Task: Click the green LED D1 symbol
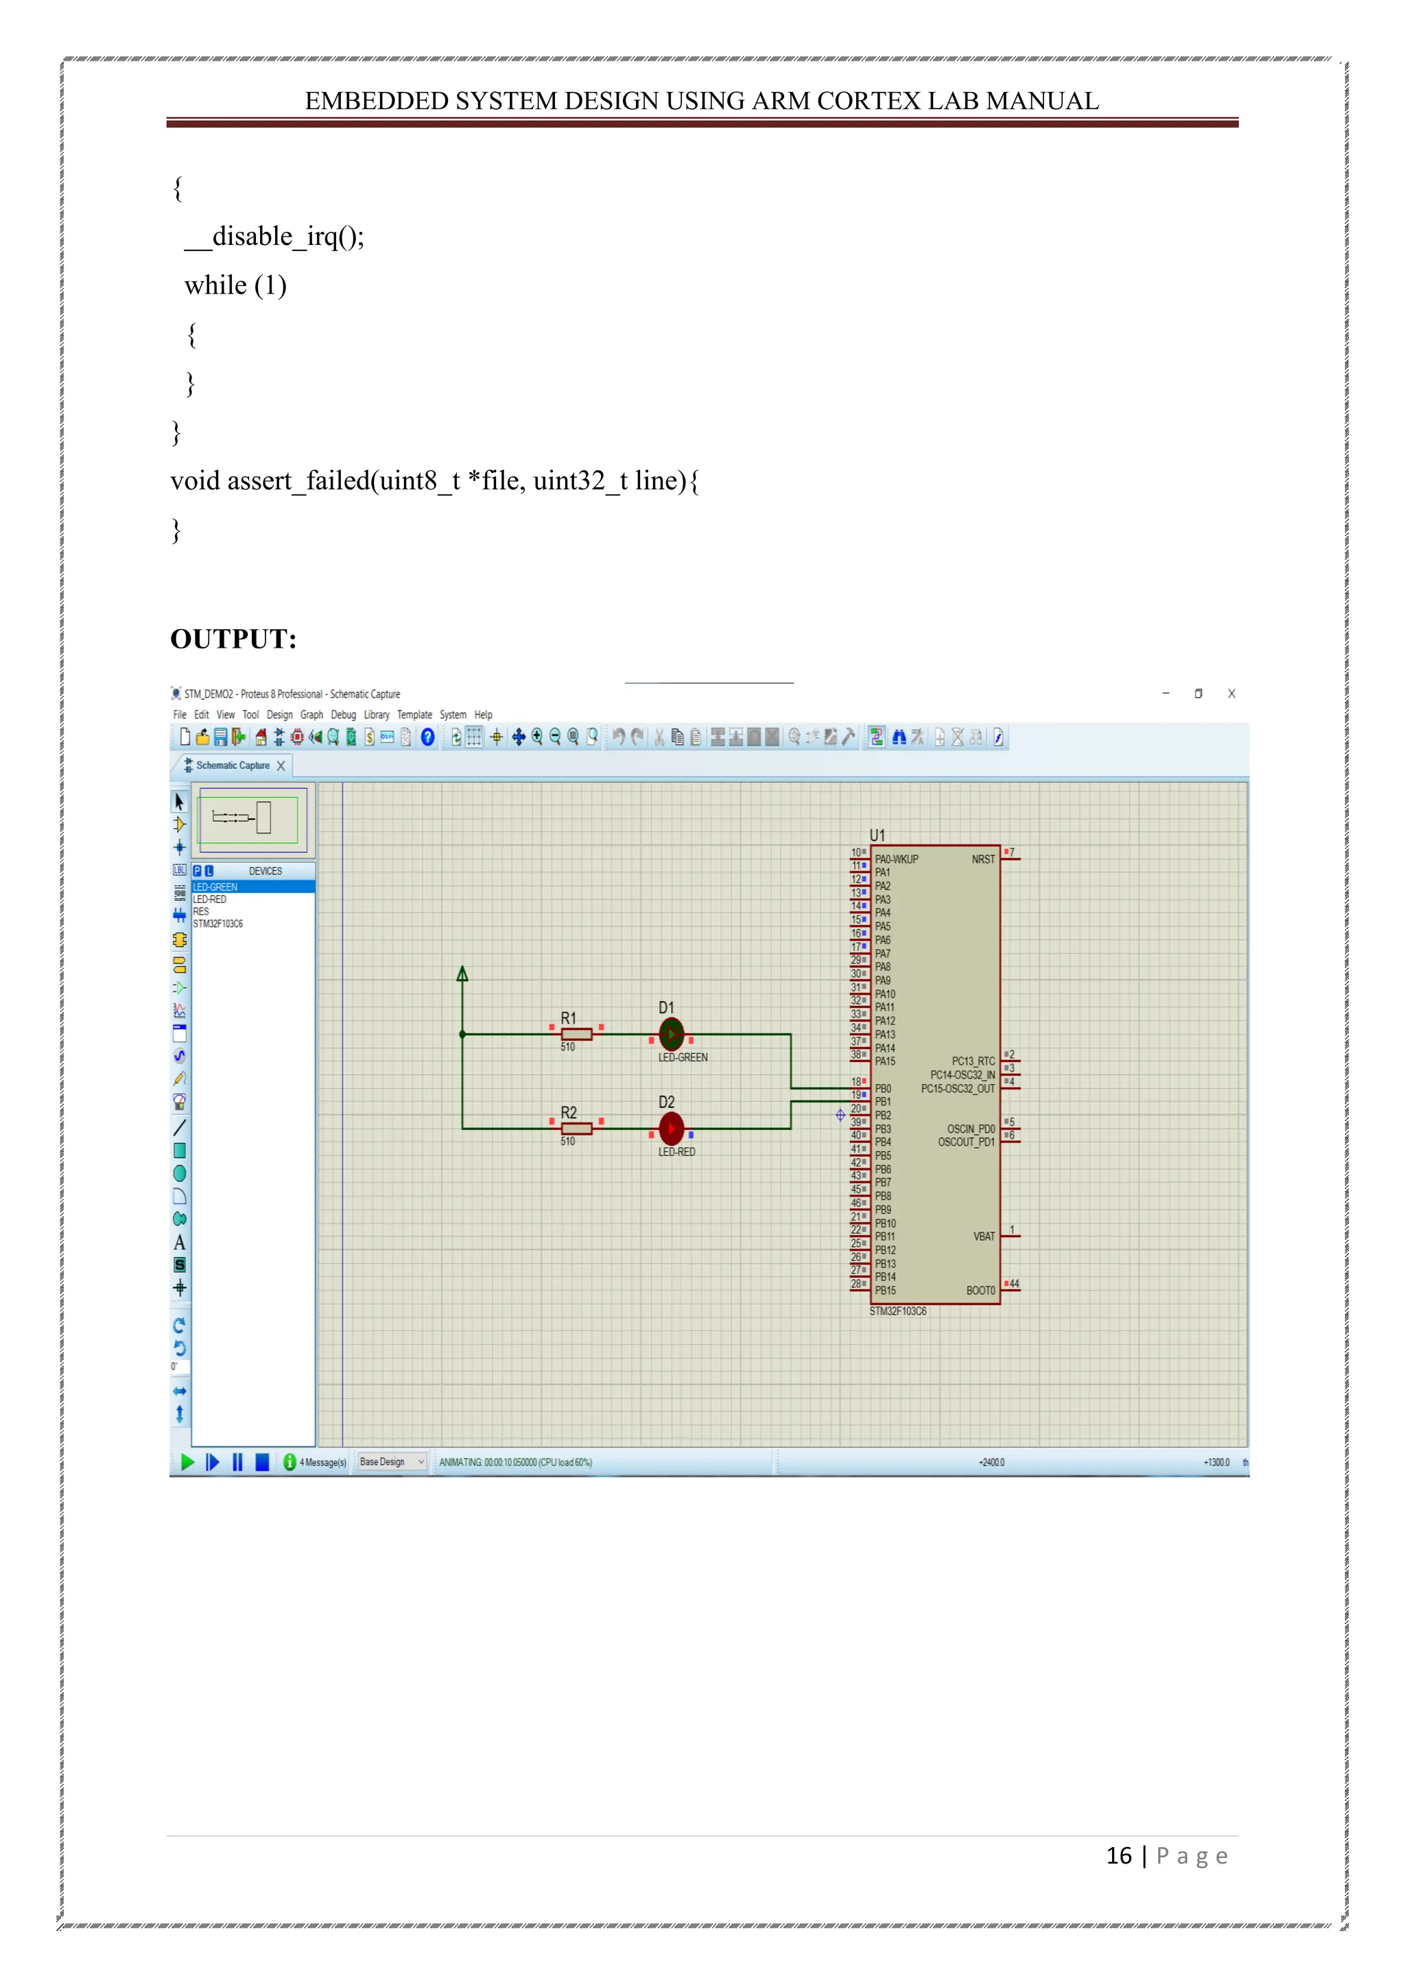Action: pyautogui.click(x=672, y=1033)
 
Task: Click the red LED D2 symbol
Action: pyautogui.click(x=672, y=1128)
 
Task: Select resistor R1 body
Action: pyautogui.click(x=576, y=1033)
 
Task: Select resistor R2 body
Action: pyautogui.click(x=576, y=1128)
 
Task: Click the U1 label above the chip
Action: pyautogui.click(x=877, y=835)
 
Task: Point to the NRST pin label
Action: pyautogui.click(x=983, y=859)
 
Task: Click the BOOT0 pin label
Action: pyautogui.click(x=980, y=1291)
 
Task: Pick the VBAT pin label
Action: pyautogui.click(x=984, y=1236)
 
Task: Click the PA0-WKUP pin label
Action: pyautogui.click(x=896, y=859)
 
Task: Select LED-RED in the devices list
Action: pyautogui.click(x=209, y=900)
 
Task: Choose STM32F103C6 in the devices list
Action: pyautogui.click(x=218, y=924)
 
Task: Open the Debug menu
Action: pyautogui.click(x=344, y=715)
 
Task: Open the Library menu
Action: pyautogui.click(x=377, y=715)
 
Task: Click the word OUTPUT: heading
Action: pyautogui.click(x=233, y=639)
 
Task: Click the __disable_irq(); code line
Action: pyautogui.click(x=275, y=236)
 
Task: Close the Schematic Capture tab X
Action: pyautogui.click(x=281, y=766)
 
